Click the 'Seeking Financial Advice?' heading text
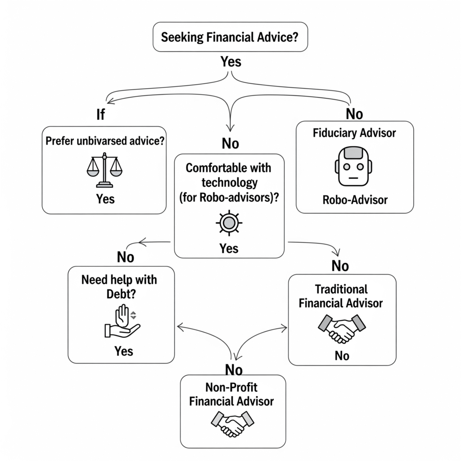(230, 36)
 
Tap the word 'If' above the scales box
(100, 115)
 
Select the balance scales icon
(104, 170)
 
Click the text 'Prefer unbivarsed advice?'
(104, 140)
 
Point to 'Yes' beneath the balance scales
(105, 199)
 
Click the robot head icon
(354, 166)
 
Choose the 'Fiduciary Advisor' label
(354, 133)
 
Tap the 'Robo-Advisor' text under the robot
(355, 199)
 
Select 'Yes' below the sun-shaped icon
(229, 248)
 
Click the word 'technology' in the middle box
(229, 182)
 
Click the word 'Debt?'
(119, 293)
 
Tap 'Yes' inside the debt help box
(123, 351)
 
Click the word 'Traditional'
(341, 289)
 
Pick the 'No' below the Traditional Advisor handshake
(342, 356)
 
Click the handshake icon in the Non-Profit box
(232, 422)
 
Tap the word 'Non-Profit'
(231, 387)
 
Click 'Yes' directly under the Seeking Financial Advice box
(231, 62)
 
